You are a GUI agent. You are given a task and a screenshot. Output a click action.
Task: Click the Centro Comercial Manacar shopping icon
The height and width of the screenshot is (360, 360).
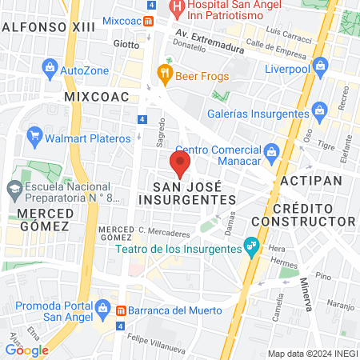point(271,150)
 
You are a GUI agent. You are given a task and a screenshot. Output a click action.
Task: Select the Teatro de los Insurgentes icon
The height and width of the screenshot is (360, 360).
point(252,246)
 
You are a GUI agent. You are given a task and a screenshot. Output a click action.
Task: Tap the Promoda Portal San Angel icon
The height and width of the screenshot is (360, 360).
point(102,306)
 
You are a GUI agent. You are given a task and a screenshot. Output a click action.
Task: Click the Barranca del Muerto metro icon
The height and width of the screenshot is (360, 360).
point(121,310)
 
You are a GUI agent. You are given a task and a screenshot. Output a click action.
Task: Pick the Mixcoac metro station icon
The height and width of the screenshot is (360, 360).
point(149,18)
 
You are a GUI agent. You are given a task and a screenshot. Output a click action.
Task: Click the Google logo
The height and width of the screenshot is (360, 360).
point(27,350)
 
